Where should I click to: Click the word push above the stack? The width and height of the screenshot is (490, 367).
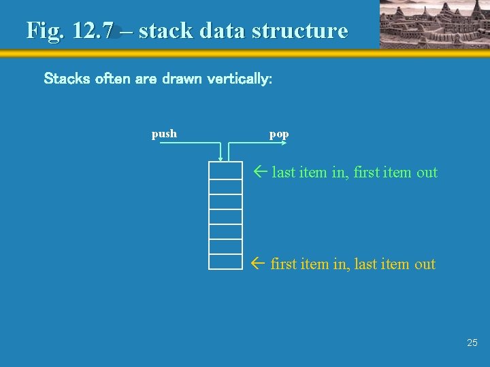click(164, 134)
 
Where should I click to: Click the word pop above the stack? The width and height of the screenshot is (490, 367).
click(279, 134)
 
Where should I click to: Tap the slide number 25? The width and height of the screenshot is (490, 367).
click(472, 343)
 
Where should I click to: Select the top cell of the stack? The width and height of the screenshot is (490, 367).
click(225, 171)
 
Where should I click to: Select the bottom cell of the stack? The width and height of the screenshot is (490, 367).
click(225, 262)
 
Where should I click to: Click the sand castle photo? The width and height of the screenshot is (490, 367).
click(433, 24)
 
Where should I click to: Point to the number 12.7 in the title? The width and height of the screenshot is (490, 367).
click(95, 31)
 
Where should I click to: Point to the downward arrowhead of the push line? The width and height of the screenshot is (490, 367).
click(220, 158)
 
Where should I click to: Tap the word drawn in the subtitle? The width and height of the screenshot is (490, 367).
click(182, 79)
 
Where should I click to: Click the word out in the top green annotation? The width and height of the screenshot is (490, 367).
click(427, 173)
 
